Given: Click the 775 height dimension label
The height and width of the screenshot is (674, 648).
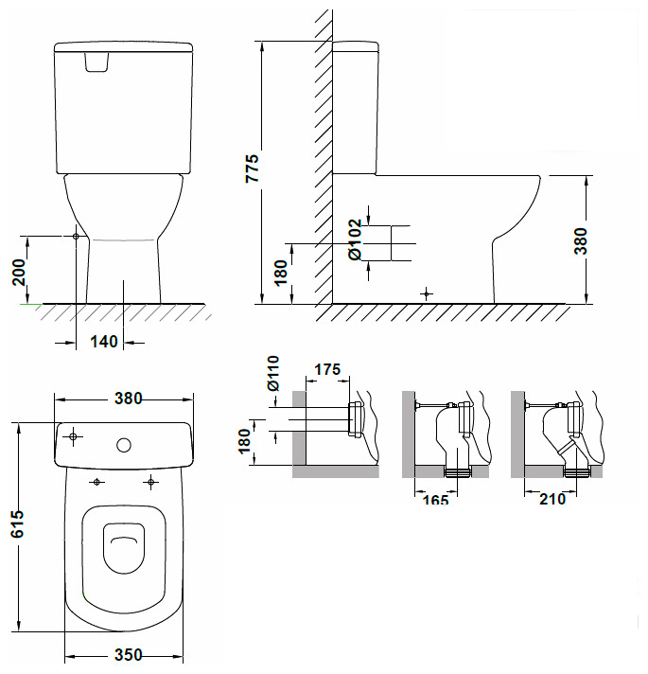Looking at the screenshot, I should (251, 168).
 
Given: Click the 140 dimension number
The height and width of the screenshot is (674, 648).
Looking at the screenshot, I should (104, 342).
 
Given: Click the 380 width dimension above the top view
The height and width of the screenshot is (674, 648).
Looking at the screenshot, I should (124, 399).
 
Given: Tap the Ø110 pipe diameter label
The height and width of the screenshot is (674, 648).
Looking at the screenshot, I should (272, 373).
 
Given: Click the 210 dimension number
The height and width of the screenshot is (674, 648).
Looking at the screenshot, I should (551, 499).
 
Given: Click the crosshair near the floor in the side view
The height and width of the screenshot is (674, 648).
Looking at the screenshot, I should (427, 294).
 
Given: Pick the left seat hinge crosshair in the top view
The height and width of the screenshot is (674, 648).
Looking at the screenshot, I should (96, 483).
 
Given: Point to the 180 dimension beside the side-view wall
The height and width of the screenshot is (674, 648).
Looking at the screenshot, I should (280, 273).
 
